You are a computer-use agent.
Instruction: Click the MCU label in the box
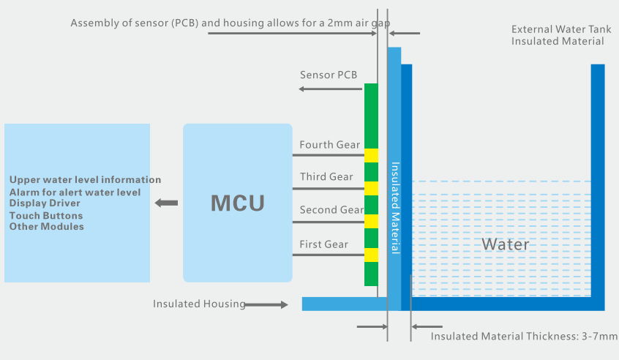click(238, 203)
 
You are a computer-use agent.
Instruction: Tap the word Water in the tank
click(505, 244)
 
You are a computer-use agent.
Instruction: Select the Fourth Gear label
click(330, 145)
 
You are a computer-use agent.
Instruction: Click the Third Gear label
click(326, 177)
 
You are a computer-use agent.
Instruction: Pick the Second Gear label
click(331, 210)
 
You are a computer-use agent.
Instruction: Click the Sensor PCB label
click(329, 75)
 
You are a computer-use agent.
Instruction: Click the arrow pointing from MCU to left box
click(168, 203)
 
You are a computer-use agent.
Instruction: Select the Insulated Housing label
click(199, 304)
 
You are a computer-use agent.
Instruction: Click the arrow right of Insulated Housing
click(267, 304)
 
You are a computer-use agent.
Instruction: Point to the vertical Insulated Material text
click(395, 208)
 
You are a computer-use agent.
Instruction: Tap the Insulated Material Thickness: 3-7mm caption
click(524, 337)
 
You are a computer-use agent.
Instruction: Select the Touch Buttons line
click(46, 216)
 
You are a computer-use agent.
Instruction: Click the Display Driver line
click(45, 203)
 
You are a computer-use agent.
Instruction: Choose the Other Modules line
click(47, 227)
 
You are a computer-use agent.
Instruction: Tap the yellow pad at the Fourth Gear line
click(371, 155)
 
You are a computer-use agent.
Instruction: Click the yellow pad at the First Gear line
click(371, 255)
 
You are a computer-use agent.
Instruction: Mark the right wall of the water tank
click(598, 183)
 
